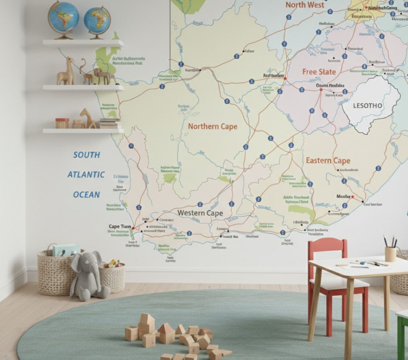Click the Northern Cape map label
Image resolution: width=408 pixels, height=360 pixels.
coord(212,127)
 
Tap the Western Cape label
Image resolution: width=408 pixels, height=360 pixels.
coord(200,213)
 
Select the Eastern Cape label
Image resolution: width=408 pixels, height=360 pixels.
coord(328,160)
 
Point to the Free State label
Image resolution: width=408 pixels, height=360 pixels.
coord(319,72)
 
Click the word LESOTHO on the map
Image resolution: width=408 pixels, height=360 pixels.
coord(367,106)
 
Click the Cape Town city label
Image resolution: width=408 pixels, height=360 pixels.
coord(120,227)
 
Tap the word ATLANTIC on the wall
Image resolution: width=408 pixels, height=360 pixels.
coord(86,174)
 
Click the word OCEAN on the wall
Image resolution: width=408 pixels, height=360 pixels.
coord(86,195)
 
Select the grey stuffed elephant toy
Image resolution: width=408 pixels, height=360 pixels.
coord(88,275)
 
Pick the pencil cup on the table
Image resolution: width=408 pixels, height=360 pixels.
coord(390,254)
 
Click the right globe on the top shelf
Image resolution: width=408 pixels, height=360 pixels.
coord(97,21)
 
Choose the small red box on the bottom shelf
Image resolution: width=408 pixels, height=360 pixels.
coord(62,123)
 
